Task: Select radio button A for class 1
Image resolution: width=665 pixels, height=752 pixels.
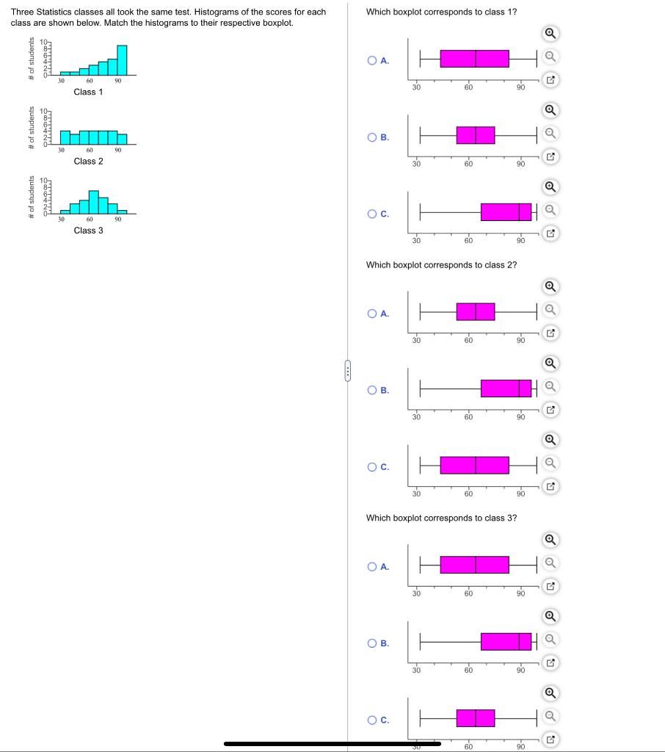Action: click(x=373, y=61)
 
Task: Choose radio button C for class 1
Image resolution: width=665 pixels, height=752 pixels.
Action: click(x=373, y=214)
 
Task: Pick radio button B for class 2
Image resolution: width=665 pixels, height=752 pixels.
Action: click(x=373, y=390)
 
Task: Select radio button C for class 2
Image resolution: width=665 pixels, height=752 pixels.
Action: click(x=373, y=466)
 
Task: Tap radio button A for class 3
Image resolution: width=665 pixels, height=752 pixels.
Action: click(x=373, y=566)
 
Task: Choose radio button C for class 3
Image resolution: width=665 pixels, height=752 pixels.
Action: click(x=373, y=720)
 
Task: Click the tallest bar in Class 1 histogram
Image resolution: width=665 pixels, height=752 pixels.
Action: click(x=122, y=60)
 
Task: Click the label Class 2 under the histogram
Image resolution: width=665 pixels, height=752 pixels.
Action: click(x=88, y=161)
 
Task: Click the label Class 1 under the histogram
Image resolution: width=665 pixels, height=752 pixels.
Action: click(x=88, y=92)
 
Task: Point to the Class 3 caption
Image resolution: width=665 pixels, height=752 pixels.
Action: click(x=88, y=230)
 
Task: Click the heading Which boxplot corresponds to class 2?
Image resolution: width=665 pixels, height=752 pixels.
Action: click(x=441, y=264)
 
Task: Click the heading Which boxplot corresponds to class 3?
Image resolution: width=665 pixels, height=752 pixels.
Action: click(x=441, y=518)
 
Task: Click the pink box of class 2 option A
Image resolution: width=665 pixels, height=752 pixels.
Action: click(x=476, y=312)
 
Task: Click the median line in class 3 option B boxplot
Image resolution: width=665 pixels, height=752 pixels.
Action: click(x=519, y=641)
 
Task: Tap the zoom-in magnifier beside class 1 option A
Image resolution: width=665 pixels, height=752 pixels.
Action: click(x=550, y=34)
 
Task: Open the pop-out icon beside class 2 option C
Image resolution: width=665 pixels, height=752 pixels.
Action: click(x=550, y=486)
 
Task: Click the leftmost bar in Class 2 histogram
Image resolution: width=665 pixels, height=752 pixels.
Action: click(x=65, y=138)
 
